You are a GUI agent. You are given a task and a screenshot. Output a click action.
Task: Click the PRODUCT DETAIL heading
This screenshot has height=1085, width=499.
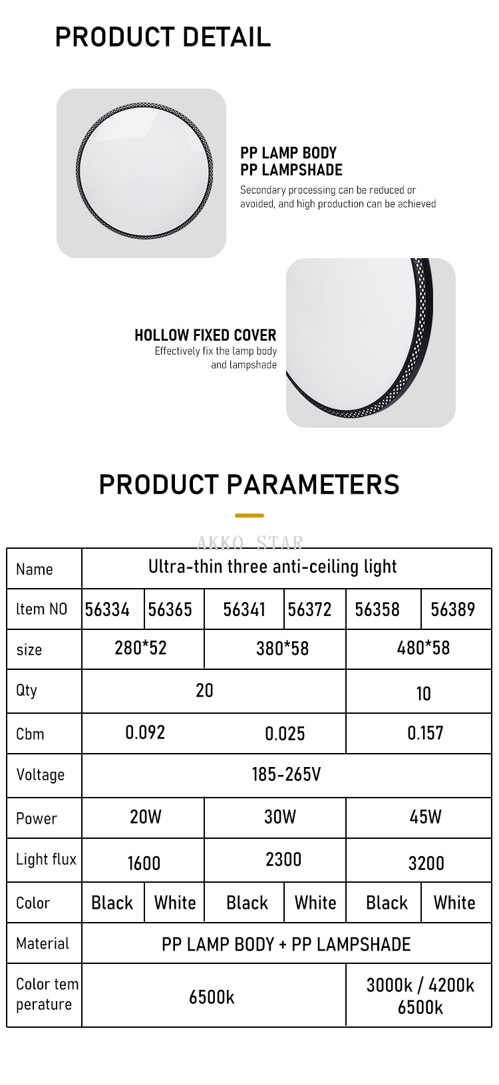tap(163, 37)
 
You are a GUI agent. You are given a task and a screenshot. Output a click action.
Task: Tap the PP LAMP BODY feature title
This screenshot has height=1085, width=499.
tap(288, 153)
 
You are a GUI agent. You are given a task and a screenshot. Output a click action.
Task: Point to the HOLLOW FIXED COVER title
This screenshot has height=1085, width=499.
tap(206, 335)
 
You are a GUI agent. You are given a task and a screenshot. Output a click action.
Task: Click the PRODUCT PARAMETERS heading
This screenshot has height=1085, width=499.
tap(249, 484)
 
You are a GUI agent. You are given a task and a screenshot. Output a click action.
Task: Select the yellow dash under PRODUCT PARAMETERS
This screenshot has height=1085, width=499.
tap(249, 516)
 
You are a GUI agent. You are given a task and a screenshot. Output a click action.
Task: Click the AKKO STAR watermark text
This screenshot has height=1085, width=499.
tap(250, 543)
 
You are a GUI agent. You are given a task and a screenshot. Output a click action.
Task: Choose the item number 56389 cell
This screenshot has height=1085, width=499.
tap(453, 609)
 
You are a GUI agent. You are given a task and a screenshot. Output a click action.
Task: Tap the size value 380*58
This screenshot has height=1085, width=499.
tap(283, 649)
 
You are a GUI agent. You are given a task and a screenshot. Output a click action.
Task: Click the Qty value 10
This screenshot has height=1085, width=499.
tap(423, 694)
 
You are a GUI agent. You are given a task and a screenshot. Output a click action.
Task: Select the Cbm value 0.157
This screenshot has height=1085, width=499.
tap(425, 733)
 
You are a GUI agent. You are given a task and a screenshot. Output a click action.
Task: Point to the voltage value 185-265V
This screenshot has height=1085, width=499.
tap(286, 774)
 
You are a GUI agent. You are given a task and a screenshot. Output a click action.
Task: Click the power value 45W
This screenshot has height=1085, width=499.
tap(425, 817)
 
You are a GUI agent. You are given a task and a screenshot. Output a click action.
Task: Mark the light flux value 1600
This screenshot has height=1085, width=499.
tap(144, 863)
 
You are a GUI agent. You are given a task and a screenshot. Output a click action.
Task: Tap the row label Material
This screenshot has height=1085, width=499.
tap(43, 943)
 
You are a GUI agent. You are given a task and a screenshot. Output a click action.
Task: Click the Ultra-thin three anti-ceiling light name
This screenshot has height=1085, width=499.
tap(272, 566)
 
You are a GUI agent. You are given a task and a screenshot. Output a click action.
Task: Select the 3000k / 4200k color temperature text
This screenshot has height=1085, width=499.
tap(420, 985)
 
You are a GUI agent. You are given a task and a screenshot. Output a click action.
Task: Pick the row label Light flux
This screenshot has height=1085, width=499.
tap(46, 859)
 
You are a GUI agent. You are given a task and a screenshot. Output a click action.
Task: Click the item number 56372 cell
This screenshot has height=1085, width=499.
tap(309, 609)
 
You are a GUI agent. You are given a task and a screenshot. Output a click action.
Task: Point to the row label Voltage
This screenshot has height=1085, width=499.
tap(40, 774)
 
